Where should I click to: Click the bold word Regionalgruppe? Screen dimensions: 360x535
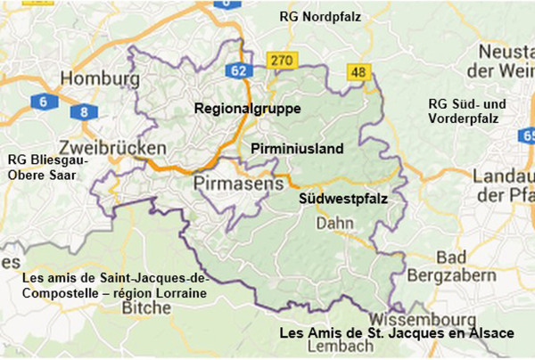248,109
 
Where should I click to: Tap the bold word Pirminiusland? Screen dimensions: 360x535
296,149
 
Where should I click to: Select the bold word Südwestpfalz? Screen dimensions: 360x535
342,200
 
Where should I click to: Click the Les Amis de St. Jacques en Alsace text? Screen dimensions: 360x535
396,333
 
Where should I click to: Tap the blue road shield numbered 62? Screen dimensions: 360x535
237,70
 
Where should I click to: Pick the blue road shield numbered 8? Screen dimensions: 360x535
84,111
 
